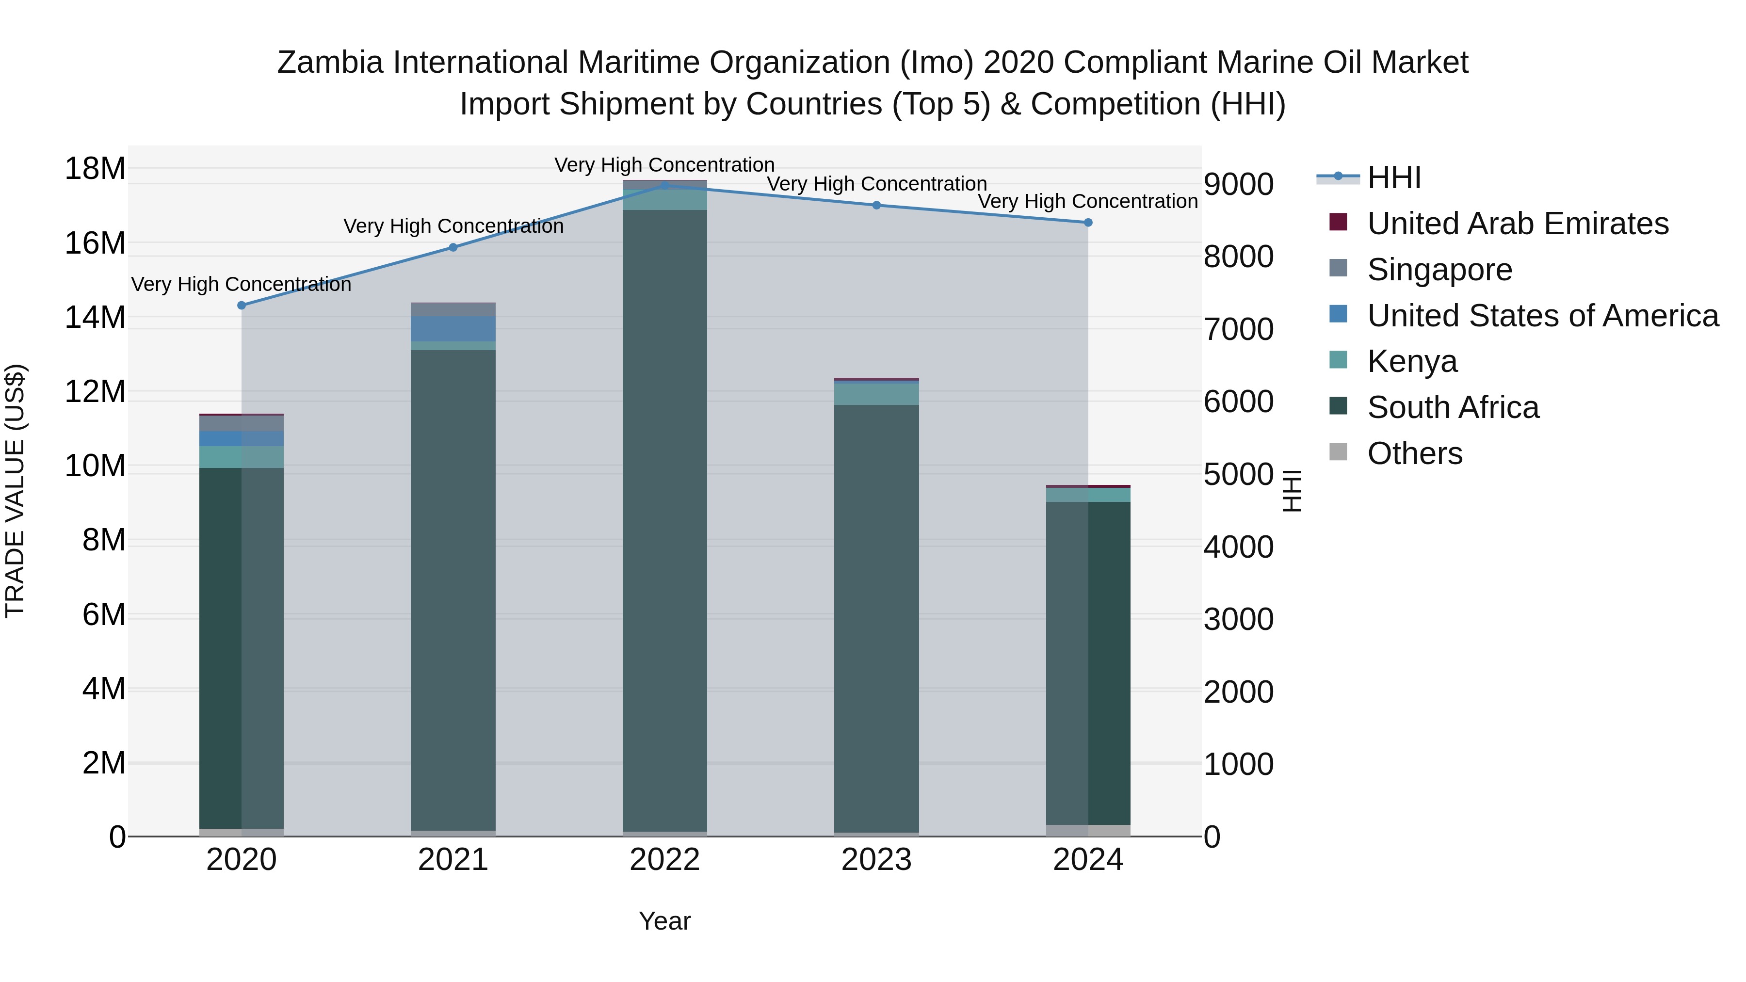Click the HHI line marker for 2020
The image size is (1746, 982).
(x=242, y=305)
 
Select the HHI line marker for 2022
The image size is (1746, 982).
(x=665, y=186)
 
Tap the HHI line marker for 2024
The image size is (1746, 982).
(x=1088, y=222)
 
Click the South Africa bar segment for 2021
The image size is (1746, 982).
(x=453, y=590)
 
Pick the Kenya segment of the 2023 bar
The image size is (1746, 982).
(x=876, y=394)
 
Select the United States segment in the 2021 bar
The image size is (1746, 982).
(x=453, y=329)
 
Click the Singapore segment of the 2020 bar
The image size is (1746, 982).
(x=242, y=423)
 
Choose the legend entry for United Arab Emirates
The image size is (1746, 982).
(x=1517, y=224)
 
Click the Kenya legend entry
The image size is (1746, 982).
(x=1412, y=361)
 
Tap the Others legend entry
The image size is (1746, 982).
(x=1415, y=453)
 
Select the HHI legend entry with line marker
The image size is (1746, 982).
(x=1393, y=177)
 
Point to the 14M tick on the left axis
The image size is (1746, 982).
(x=95, y=317)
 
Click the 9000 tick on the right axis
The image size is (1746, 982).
(x=1238, y=184)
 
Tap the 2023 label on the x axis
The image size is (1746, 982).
(x=876, y=860)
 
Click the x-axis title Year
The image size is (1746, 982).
(x=664, y=921)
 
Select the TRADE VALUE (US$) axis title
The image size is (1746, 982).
(x=15, y=491)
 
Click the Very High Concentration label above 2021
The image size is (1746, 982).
(x=453, y=225)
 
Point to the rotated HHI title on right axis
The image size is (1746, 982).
(x=1292, y=491)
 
